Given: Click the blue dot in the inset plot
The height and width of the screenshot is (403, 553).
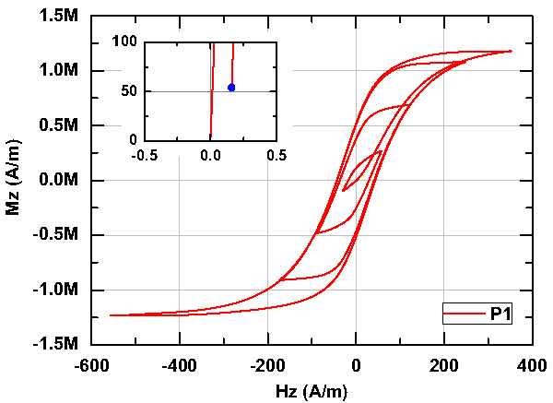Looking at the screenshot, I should coord(231,87).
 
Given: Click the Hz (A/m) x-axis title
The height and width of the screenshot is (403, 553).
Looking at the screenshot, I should coord(311,391).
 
